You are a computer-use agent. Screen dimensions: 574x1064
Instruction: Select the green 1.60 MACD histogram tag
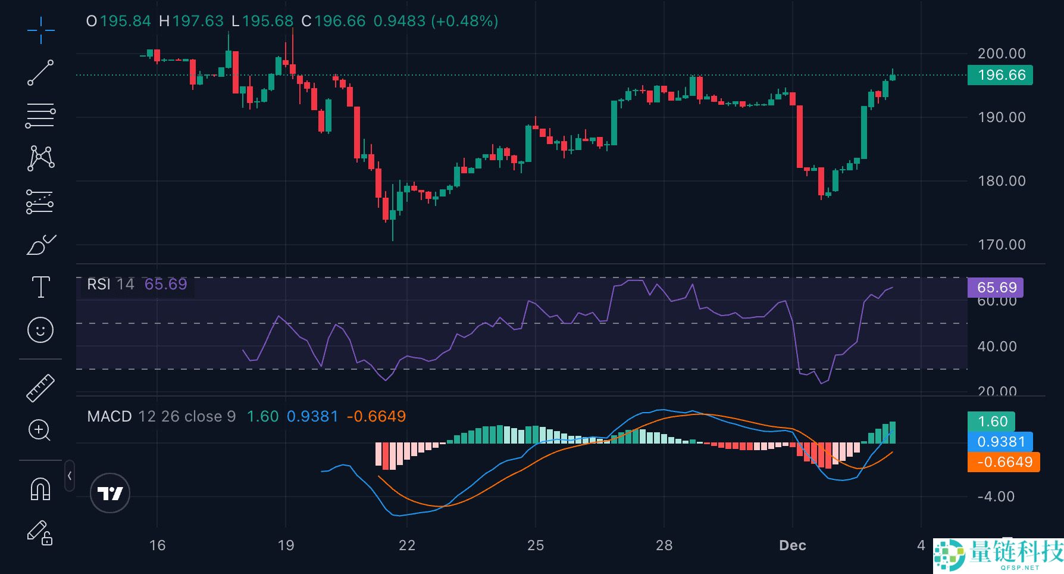point(991,422)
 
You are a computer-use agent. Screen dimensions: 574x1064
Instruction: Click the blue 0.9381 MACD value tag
point(1000,442)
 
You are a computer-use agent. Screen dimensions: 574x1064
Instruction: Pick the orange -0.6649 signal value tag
point(1004,462)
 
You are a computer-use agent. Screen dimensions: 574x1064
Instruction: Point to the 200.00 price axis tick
point(1002,54)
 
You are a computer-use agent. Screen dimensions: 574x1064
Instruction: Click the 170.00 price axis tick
point(1002,245)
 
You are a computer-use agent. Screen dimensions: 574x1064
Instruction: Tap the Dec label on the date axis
point(792,545)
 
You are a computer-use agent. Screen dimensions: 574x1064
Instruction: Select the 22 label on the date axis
point(407,545)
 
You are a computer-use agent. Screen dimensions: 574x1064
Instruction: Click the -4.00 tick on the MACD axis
point(996,497)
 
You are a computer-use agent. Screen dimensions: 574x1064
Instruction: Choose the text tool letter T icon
point(40,287)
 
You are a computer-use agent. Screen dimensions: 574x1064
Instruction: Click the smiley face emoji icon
point(40,329)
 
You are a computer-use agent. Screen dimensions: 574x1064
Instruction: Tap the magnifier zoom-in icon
point(40,430)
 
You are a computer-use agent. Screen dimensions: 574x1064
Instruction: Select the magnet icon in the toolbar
point(40,489)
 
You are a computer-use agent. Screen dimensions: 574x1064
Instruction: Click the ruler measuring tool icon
point(40,388)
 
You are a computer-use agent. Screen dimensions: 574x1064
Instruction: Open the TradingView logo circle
point(110,493)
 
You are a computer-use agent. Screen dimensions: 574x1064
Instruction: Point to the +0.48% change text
point(465,21)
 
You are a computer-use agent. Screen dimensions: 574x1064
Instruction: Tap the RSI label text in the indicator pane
point(99,284)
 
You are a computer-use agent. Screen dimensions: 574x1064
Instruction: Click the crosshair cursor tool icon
point(40,30)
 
